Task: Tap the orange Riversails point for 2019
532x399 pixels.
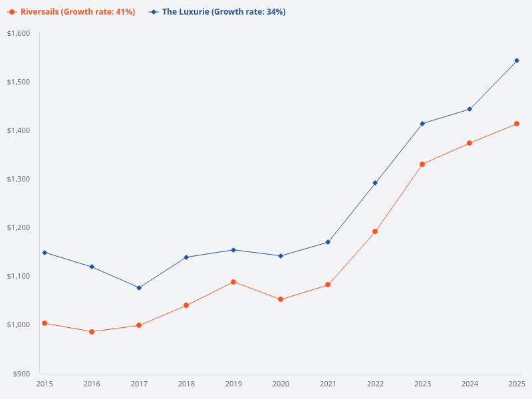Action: tap(233, 282)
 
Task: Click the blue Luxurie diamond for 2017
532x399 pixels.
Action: tap(139, 288)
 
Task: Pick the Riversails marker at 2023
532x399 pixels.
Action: tap(422, 164)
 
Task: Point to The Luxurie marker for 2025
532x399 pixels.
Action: tap(517, 61)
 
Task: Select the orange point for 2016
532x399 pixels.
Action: tap(92, 331)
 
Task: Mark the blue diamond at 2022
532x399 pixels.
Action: tap(375, 183)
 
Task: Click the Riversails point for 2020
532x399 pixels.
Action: tap(281, 299)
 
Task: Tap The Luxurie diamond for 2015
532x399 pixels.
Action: tap(45, 253)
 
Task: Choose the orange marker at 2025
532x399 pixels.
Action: tap(517, 124)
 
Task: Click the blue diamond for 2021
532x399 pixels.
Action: tap(328, 242)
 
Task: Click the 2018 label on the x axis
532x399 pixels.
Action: tap(186, 384)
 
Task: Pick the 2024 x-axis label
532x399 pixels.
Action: tap(469, 384)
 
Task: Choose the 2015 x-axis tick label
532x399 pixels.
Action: tap(45, 384)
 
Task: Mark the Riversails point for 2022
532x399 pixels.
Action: tap(375, 231)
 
